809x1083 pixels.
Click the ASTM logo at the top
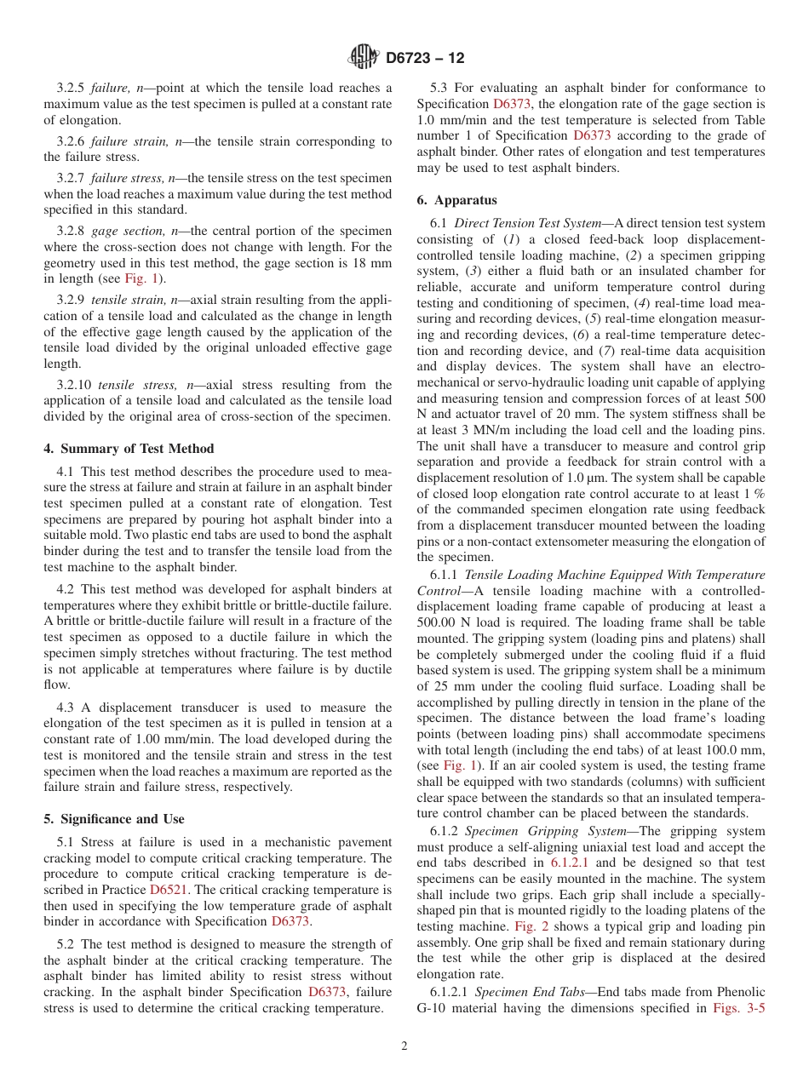pos(364,58)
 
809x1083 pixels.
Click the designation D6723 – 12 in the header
pos(425,59)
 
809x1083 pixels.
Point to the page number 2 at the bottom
pos(404,1046)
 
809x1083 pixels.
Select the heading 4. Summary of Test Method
pos(129,449)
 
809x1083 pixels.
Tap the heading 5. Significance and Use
pos(114,819)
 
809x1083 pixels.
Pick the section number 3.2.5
pos(72,88)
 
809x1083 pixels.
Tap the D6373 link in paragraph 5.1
pos(290,921)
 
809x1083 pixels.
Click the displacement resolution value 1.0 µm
pos(554,478)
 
